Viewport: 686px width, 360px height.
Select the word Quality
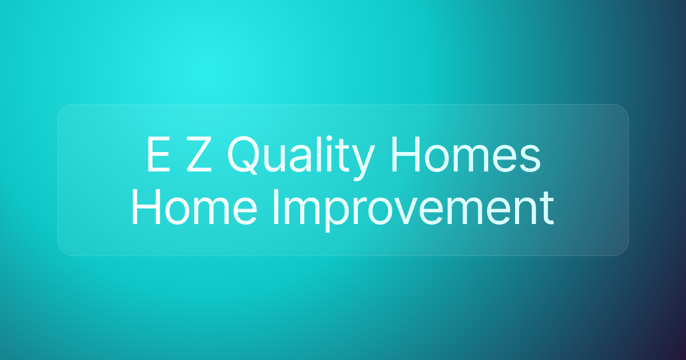301,156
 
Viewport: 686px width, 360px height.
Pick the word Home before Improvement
194,207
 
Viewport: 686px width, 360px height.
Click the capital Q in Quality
242,155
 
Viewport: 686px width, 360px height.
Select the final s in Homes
530,159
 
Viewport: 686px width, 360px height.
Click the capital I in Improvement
275,207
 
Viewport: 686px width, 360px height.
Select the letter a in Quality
301,159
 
